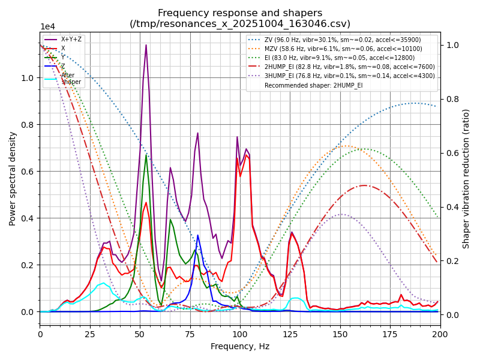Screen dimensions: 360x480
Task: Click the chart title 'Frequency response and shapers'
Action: pyautogui.click(x=240, y=13)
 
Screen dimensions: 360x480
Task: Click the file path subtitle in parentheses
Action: pyautogui.click(x=240, y=24)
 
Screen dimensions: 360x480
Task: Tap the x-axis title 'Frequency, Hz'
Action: pyautogui.click(x=240, y=346)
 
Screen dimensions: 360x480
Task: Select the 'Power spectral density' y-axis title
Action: pyautogui.click(x=13, y=178)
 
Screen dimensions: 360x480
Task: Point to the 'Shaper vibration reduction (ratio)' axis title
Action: pyautogui.click(x=466, y=178)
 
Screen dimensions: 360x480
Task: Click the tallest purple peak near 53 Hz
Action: pyautogui.click(x=146, y=45)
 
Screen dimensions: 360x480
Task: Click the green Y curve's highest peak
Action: pyautogui.click(x=146, y=155)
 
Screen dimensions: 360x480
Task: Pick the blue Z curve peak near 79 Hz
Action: pyautogui.click(x=197, y=235)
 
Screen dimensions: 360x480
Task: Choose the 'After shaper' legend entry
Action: pyautogui.click(x=67, y=79)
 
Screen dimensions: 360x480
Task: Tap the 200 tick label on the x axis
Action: pyautogui.click(x=440, y=334)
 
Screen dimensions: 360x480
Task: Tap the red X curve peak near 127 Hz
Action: pyautogui.click(x=292, y=232)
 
